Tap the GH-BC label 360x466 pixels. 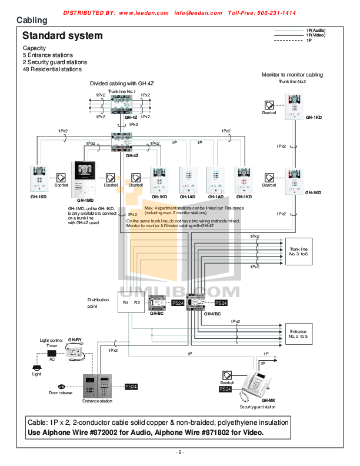156,314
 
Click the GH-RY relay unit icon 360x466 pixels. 76,352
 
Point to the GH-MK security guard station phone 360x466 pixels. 259,385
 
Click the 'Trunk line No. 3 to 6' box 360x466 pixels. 299,253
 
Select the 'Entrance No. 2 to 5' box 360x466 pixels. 299,334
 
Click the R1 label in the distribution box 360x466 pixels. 125,302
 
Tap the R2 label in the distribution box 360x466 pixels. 137,302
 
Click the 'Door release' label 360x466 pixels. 61,393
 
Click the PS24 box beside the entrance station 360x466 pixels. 131,387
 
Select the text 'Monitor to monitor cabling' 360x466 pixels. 292,75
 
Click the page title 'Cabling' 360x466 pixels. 32,21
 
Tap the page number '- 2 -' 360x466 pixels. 180,452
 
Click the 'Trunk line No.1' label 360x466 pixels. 122,91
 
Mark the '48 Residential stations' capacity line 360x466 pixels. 52,69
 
